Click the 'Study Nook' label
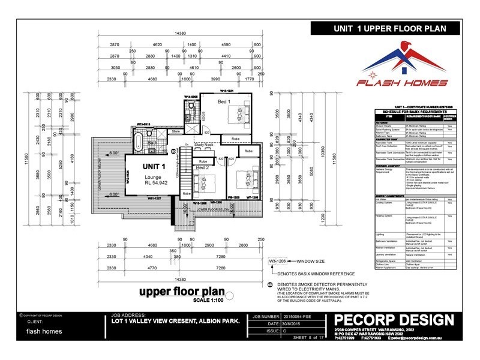point(205,145)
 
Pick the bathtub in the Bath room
point(137,143)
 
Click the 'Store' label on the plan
point(176,130)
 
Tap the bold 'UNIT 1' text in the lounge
point(154,166)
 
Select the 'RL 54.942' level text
point(154,185)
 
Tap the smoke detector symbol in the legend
point(270,285)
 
